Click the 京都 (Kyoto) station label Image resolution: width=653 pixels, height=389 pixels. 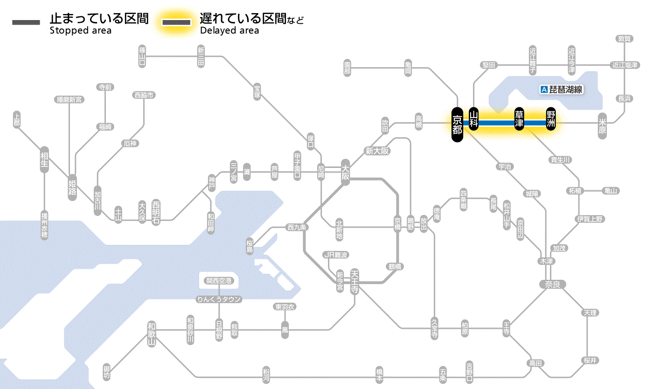[457, 125]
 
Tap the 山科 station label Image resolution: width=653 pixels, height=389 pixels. [474, 119]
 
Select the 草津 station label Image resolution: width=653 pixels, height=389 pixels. [519, 119]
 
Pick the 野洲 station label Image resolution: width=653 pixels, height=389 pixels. [551, 119]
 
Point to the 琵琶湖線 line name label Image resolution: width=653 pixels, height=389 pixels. [566, 90]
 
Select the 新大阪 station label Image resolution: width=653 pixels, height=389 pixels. [377, 151]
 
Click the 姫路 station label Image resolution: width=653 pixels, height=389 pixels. [72, 187]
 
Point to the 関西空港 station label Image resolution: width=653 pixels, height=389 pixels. [219, 281]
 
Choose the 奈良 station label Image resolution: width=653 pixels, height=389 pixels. [552, 284]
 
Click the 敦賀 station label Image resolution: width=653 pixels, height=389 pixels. [624, 39]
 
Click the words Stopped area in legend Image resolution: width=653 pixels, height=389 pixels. [81, 31]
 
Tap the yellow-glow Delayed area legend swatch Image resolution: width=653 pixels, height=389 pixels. [176, 22]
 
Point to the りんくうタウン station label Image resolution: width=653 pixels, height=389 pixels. [219, 299]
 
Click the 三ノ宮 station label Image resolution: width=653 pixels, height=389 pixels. [234, 172]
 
